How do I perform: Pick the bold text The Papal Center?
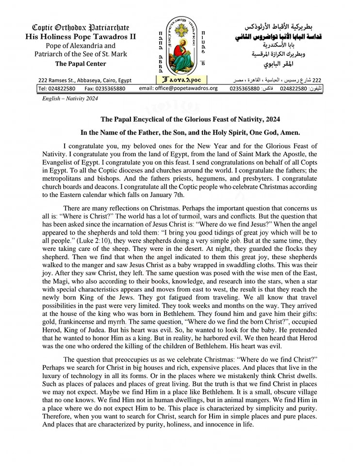pos(81,64)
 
